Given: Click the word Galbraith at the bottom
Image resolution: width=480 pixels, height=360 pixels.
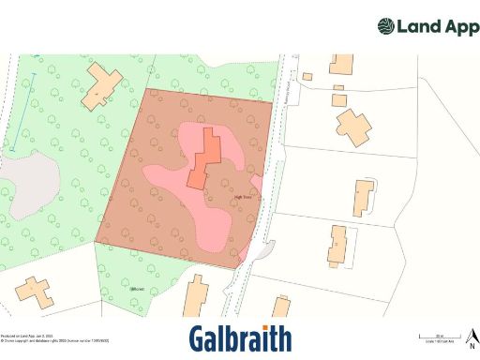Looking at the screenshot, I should [240, 338].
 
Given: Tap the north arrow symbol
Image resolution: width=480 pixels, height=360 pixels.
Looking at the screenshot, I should [472, 336].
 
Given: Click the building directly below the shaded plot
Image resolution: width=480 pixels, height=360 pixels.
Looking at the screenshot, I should [196, 297].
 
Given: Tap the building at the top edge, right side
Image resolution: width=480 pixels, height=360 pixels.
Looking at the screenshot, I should [341, 65].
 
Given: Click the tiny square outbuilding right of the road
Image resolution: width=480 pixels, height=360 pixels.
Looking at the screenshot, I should [307, 76].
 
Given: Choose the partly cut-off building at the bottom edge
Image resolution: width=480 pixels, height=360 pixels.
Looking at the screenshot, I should [280, 307].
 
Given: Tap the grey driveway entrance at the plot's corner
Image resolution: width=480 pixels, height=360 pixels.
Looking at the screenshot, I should [264, 252].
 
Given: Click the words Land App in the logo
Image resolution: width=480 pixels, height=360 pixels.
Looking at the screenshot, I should [435, 26].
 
